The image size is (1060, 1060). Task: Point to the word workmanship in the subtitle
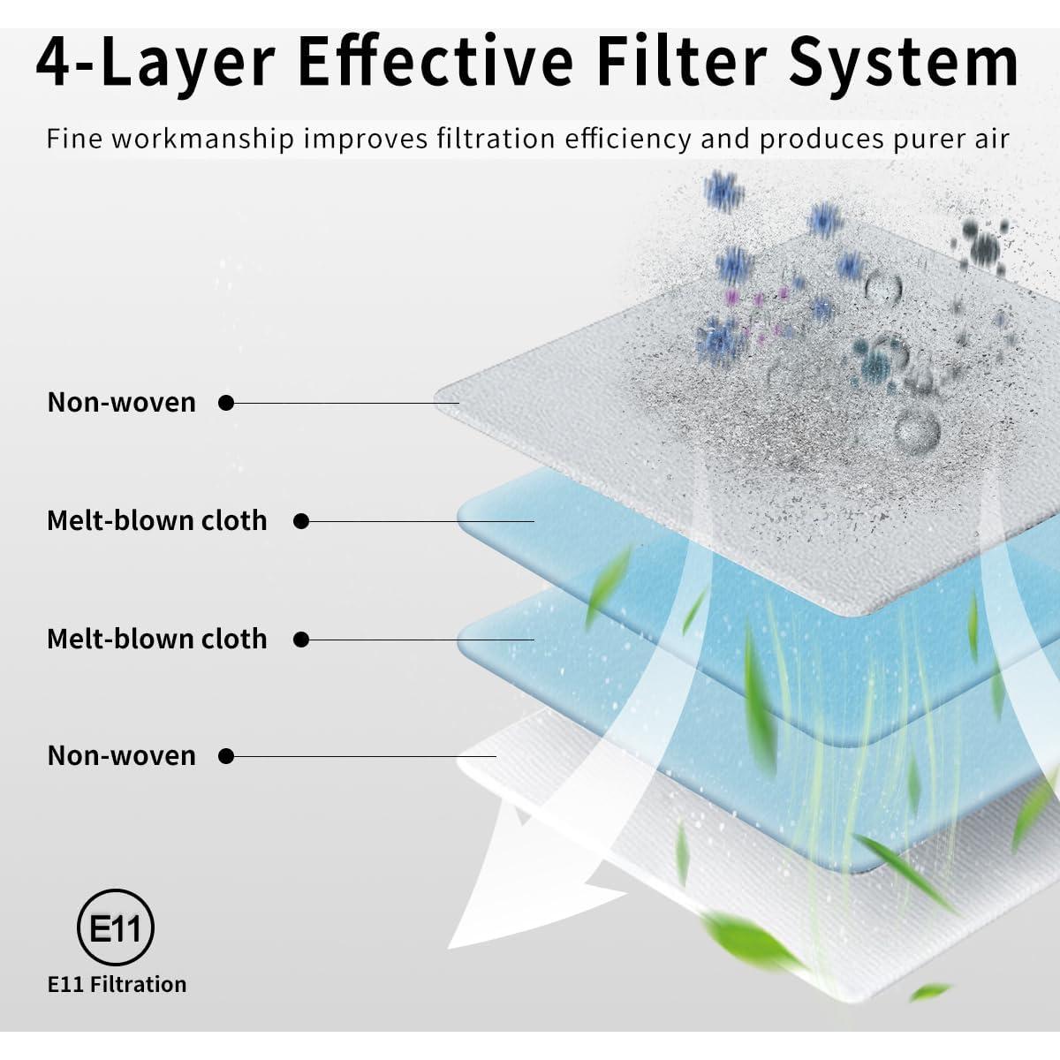pos(203,139)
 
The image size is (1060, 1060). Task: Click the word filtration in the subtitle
pos(496,139)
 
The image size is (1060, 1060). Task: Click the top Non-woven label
pos(122,403)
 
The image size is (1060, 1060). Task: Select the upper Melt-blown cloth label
pos(156,520)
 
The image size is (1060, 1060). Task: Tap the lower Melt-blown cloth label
pos(156,639)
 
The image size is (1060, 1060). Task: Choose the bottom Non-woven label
pos(122,756)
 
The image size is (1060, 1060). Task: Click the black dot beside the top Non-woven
pos(226,403)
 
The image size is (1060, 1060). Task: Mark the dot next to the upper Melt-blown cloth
pos(301,521)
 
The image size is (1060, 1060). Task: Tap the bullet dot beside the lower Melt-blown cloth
pos(301,640)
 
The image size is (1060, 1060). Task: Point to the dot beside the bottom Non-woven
pos(226,757)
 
